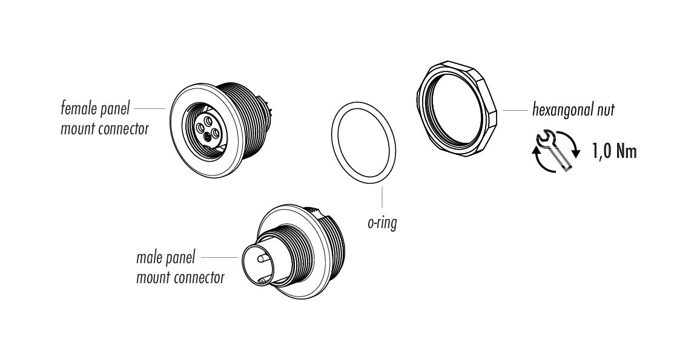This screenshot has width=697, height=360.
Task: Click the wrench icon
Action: point(553,151)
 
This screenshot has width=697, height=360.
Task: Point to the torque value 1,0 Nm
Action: point(614,152)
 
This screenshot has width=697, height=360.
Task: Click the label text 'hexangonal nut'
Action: point(573,109)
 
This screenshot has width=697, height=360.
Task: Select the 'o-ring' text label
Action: point(382,223)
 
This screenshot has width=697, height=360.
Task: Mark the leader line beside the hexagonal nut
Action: point(515,110)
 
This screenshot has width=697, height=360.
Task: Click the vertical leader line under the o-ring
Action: point(382,198)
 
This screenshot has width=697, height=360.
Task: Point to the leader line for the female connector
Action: point(150,108)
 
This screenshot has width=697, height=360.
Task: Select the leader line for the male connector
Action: point(219,258)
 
